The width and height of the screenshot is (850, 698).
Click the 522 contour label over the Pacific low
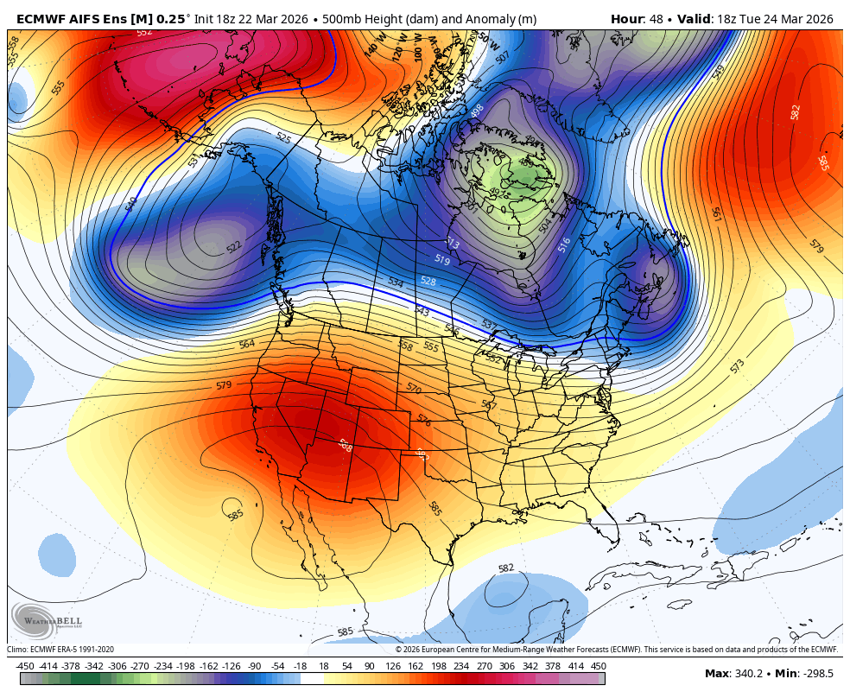(234, 248)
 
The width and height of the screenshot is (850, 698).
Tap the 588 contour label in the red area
(345, 446)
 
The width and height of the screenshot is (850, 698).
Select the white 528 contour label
(428, 281)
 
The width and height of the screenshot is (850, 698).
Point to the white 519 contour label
(441, 259)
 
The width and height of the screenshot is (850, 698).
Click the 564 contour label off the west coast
(247, 344)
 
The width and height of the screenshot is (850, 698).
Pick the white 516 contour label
(564, 244)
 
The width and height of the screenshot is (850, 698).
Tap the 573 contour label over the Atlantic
(737, 366)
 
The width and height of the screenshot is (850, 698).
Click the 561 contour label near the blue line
(716, 213)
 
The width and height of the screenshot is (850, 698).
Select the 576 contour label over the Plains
(423, 420)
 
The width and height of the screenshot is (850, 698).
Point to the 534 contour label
(396, 282)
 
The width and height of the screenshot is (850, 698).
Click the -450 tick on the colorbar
(25, 666)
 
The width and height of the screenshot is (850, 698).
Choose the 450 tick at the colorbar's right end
(598, 666)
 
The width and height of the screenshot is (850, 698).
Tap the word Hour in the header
(627, 19)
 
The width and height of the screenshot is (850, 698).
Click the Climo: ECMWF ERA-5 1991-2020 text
(60, 650)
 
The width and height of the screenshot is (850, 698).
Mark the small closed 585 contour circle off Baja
(232, 505)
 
